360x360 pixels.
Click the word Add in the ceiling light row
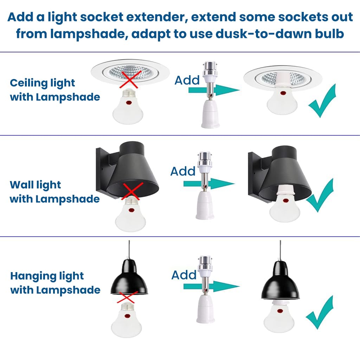coord(187,80)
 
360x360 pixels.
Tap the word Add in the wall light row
coord(183,171)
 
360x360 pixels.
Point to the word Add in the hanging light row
coord(184,275)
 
